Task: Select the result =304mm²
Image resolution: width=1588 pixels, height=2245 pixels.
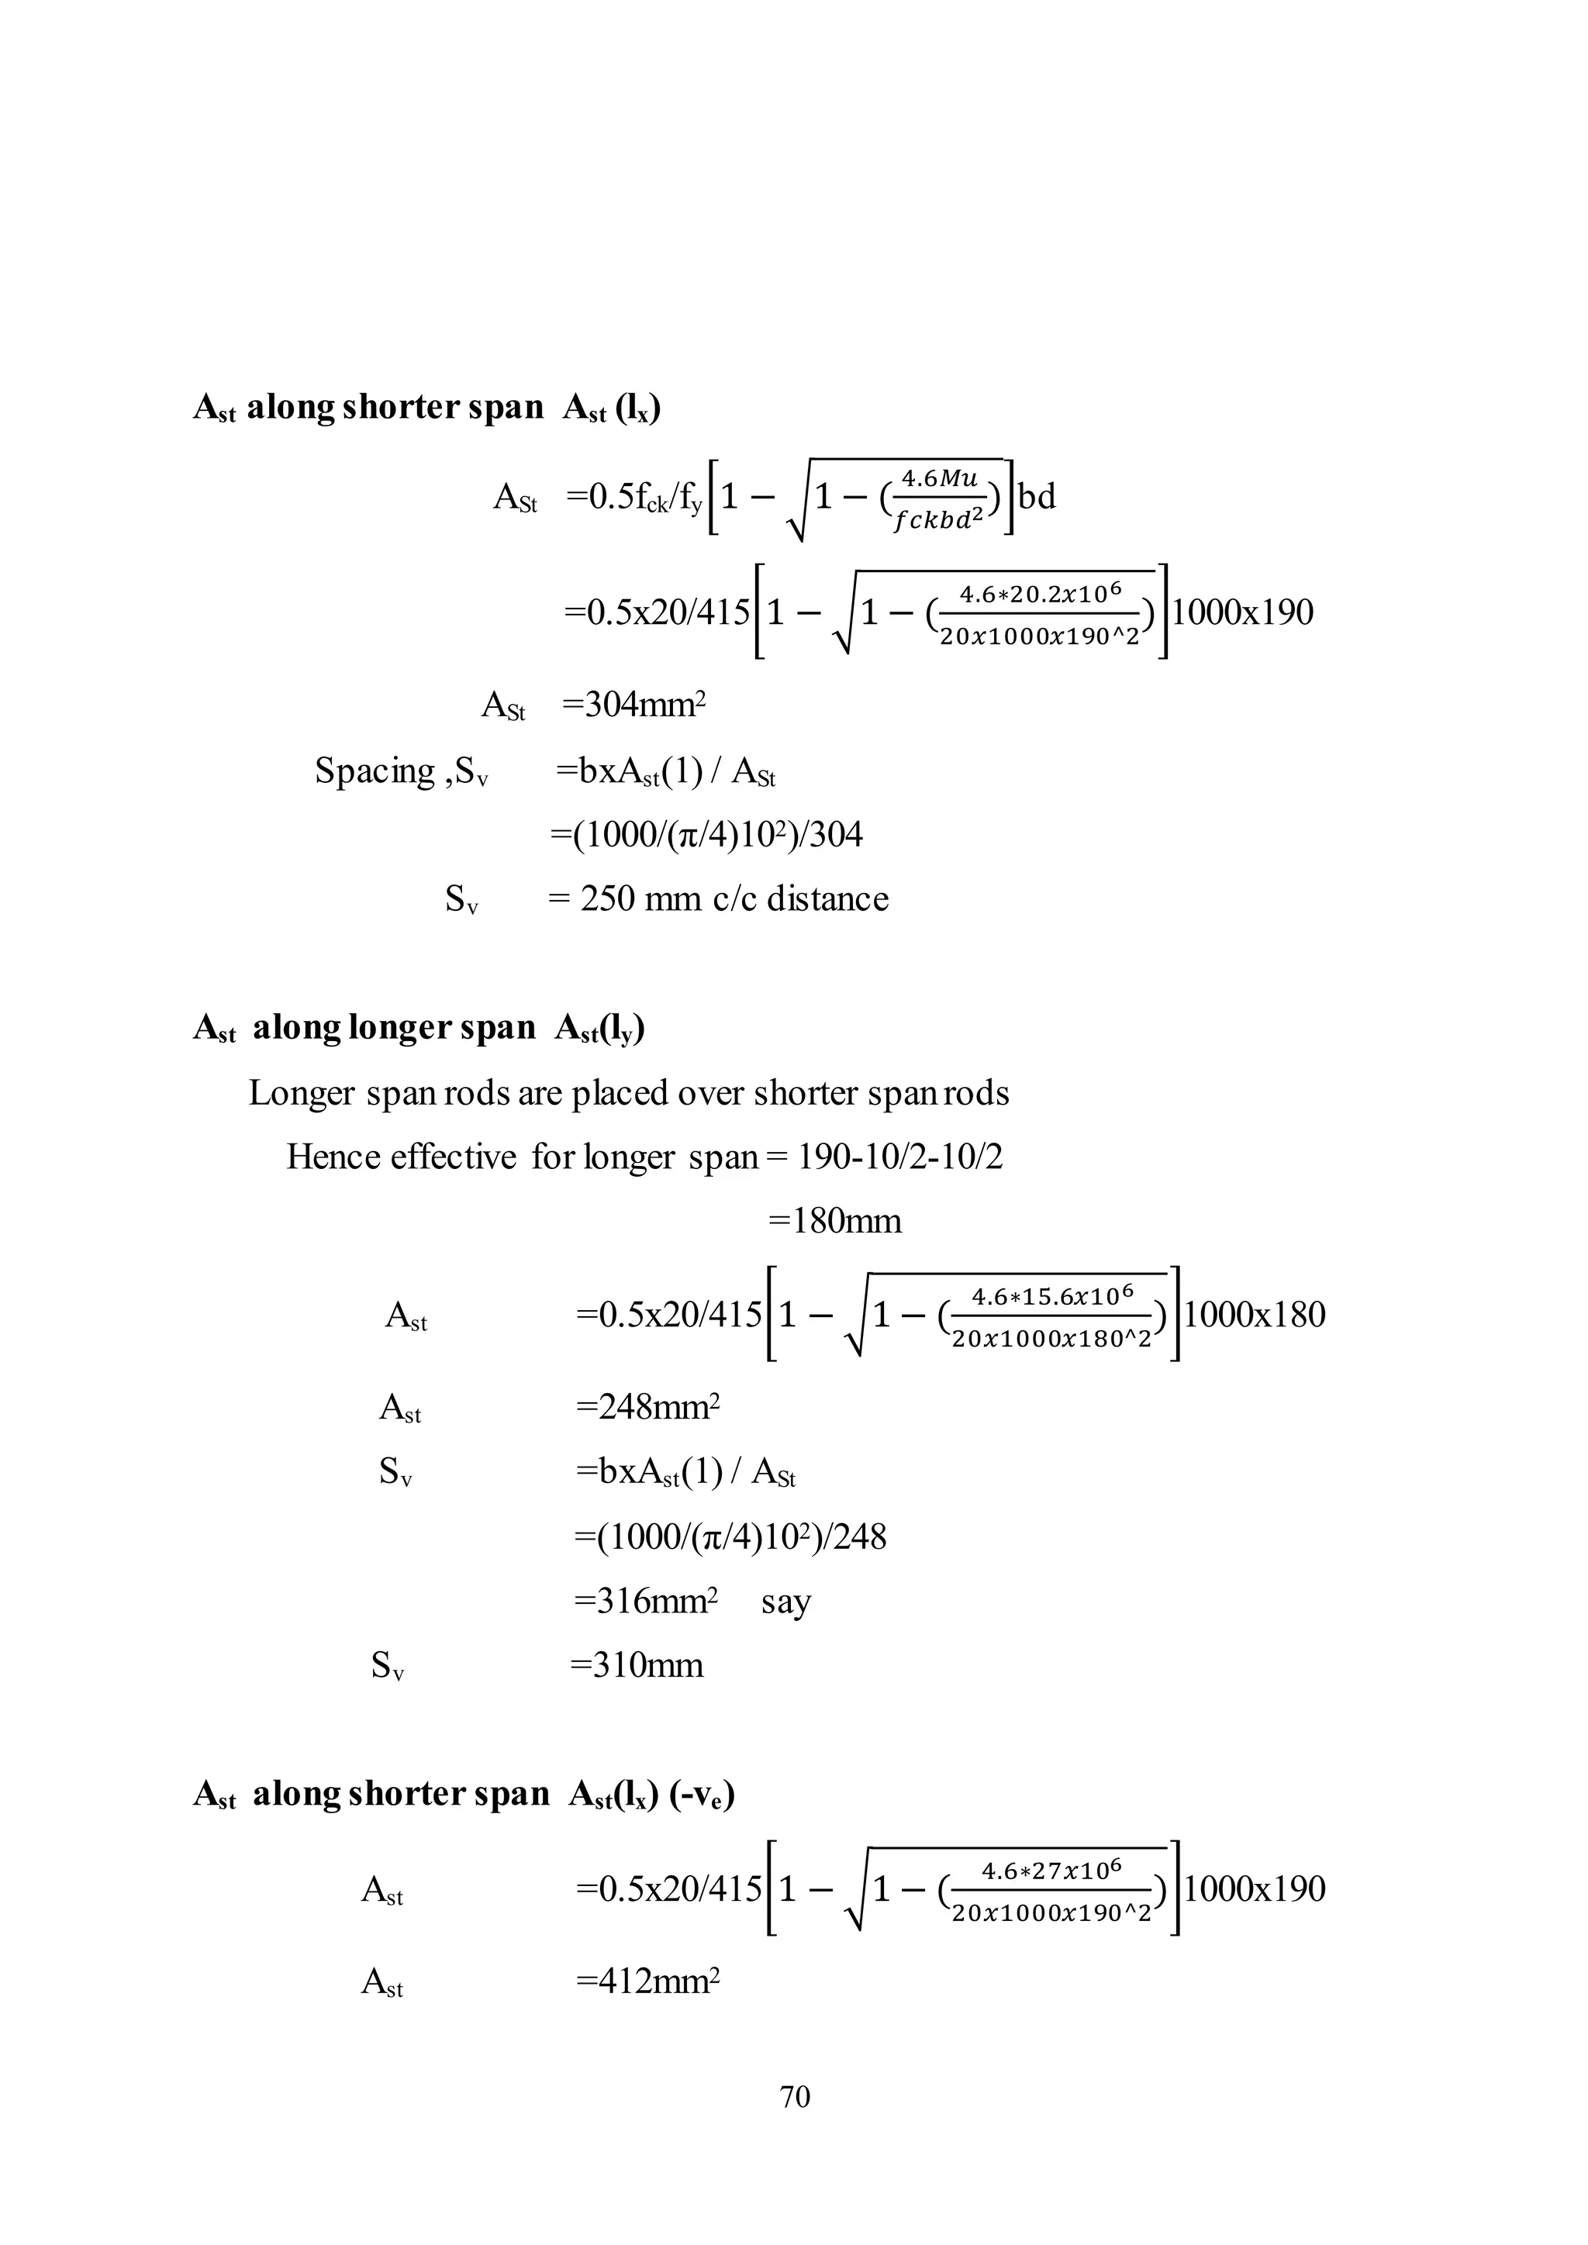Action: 633,704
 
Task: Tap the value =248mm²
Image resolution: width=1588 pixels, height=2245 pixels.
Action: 647,1407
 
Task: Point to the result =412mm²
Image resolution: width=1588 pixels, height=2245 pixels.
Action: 647,1982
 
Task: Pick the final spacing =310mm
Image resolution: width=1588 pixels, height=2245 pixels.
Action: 637,1664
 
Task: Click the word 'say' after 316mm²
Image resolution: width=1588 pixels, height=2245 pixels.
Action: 786,1602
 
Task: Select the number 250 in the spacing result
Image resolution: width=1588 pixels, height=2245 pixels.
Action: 607,898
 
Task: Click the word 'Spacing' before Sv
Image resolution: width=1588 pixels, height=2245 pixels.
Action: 375,771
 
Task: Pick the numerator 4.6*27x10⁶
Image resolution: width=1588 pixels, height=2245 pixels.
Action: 1051,1871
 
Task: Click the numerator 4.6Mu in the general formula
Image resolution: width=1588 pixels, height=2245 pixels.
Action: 939,478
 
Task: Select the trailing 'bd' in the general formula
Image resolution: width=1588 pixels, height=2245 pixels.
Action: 1037,497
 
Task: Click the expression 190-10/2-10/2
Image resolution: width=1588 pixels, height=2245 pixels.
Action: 899,1157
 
